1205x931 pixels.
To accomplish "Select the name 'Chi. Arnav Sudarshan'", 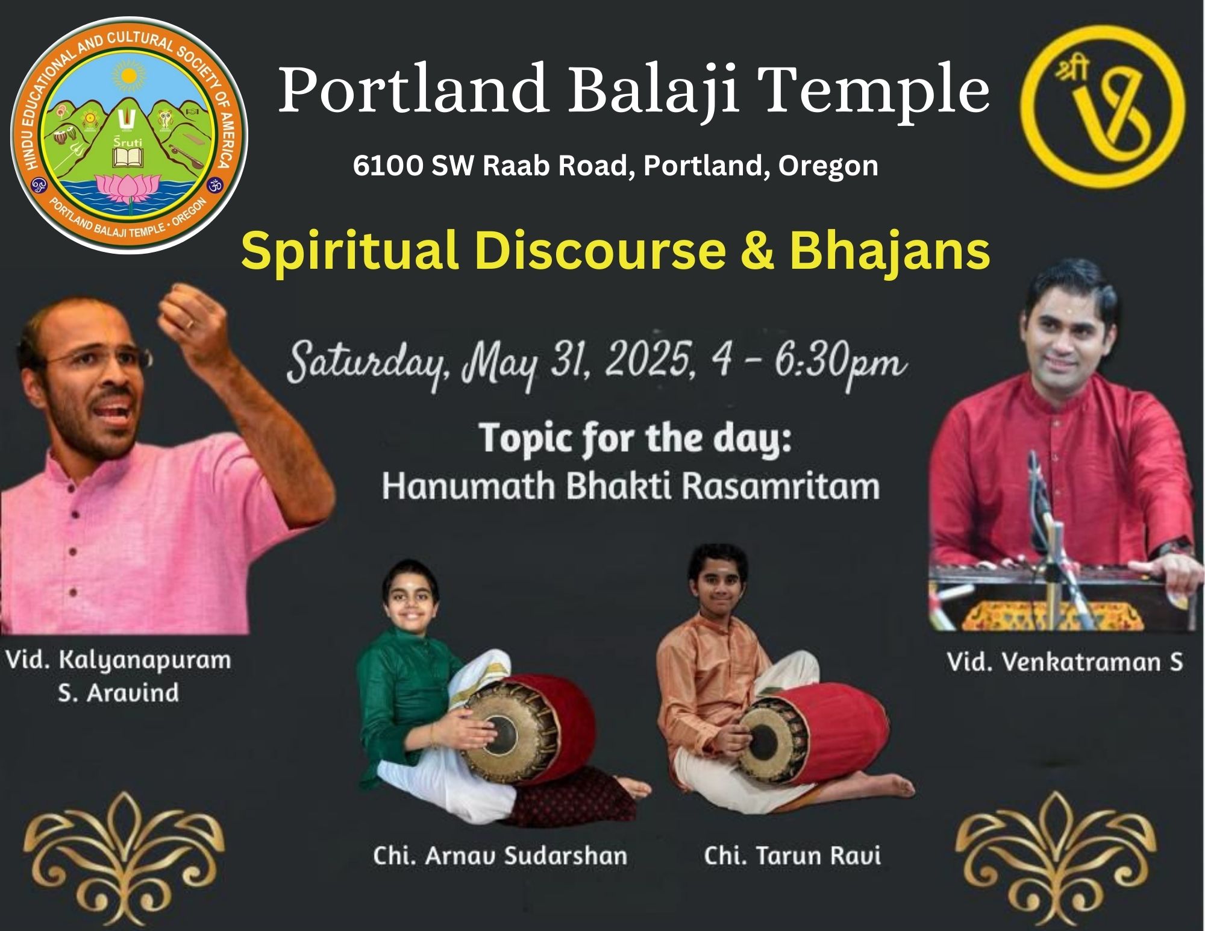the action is pos(500,856).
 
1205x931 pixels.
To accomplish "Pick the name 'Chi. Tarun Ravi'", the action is pos(792,856).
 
